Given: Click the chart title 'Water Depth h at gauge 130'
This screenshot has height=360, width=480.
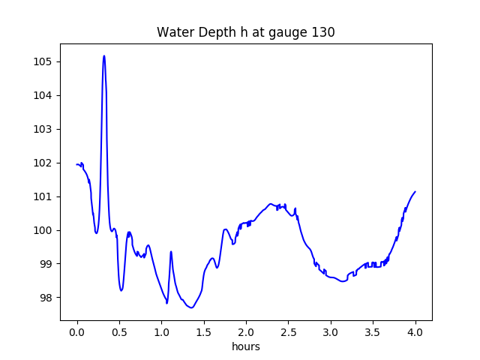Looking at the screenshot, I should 245,32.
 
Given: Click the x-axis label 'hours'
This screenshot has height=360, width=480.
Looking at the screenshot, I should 246,347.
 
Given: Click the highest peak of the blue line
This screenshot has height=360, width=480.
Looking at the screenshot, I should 104,55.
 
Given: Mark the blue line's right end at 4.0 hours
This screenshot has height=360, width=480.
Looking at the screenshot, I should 415,191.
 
